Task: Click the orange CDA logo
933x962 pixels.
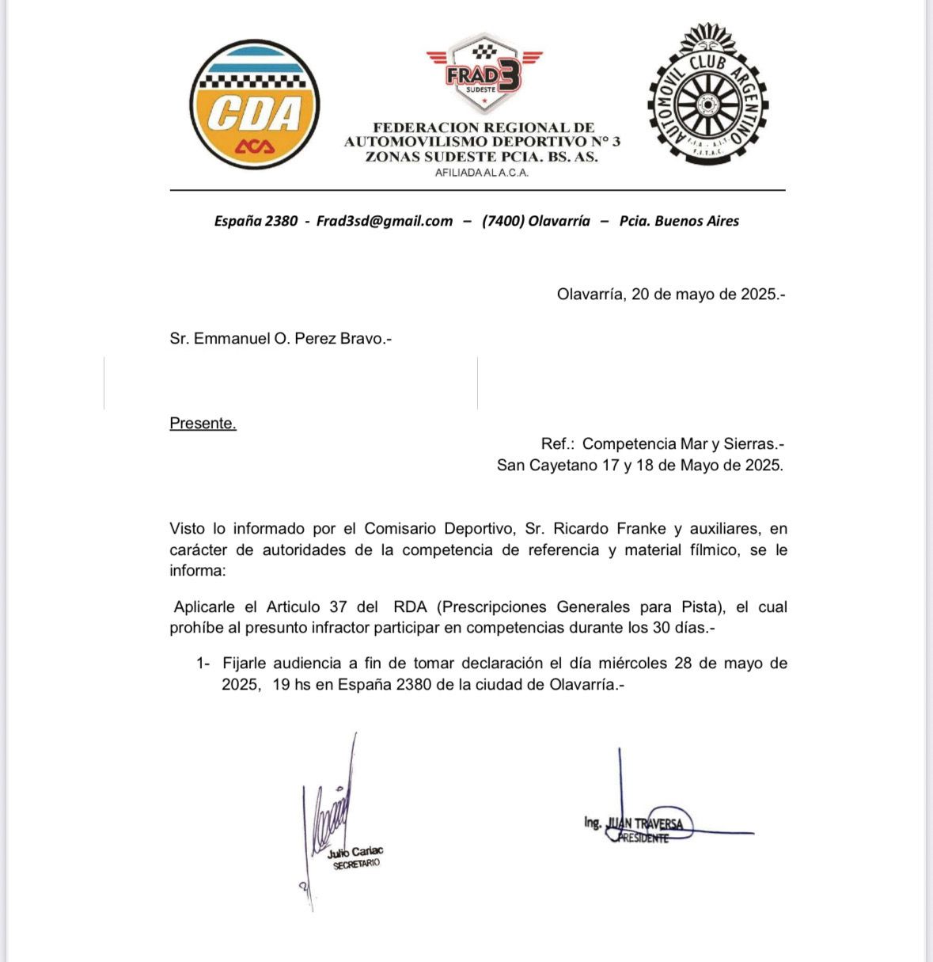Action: point(255,105)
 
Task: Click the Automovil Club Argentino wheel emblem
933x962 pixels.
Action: point(707,95)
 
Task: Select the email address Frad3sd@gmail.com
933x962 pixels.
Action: point(385,221)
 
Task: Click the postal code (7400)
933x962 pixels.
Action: point(503,221)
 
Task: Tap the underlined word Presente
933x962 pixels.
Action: point(203,424)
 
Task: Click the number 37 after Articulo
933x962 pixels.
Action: point(338,607)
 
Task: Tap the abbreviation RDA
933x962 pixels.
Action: point(410,607)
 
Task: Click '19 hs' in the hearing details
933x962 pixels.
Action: point(291,685)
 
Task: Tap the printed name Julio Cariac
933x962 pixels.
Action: point(355,852)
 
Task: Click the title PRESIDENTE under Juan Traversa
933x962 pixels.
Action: point(643,838)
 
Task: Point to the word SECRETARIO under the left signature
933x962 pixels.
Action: point(357,865)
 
